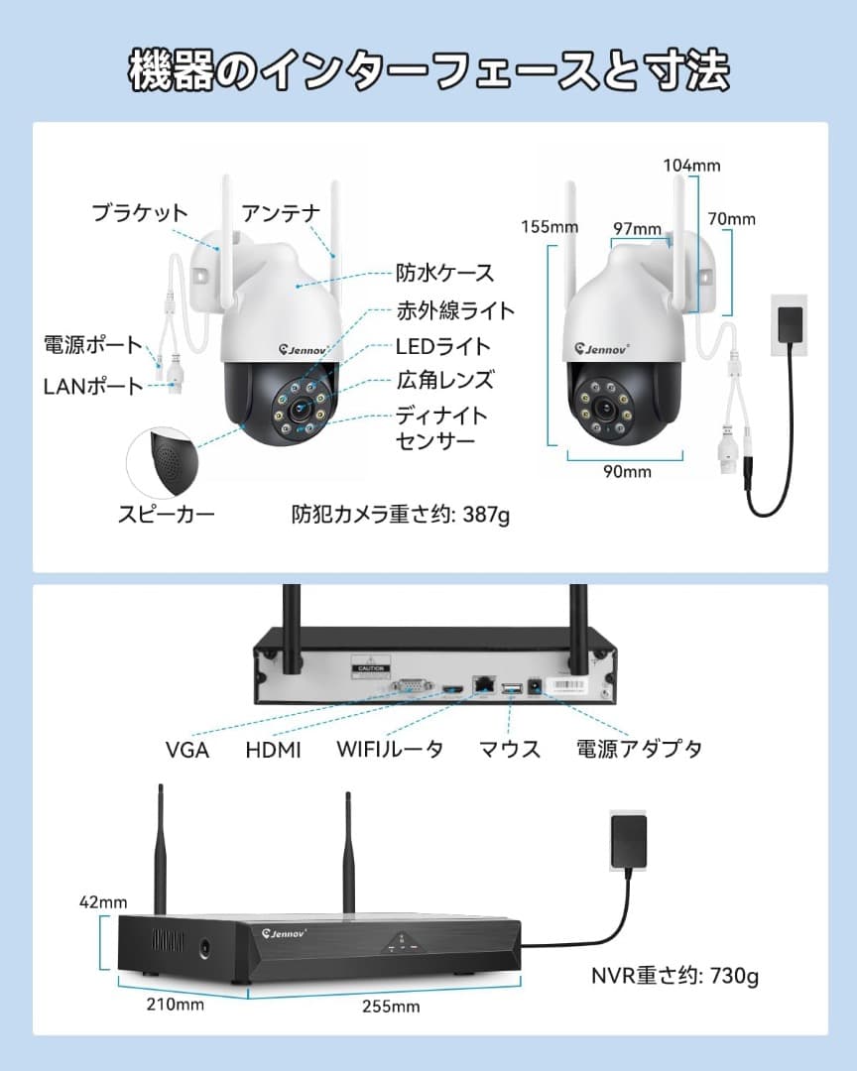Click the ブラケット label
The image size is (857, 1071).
point(140,212)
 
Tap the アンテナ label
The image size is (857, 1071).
point(282,212)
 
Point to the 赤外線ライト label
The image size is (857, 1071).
point(455,310)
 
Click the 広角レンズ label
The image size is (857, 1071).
point(444,380)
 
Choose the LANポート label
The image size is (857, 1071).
point(93,386)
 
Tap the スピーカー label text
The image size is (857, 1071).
point(167,513)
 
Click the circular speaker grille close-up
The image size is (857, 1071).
point(166,459)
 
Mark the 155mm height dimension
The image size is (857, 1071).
point(550,227)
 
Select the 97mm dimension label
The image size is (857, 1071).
point(637,229)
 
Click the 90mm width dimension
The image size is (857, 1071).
point(627,471)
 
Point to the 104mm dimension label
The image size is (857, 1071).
point(691,166)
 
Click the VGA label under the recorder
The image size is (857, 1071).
point(187,750)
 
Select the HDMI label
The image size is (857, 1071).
point(273,750)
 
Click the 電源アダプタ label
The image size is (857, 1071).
point(639,749)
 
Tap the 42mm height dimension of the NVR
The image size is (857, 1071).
point(104,902)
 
